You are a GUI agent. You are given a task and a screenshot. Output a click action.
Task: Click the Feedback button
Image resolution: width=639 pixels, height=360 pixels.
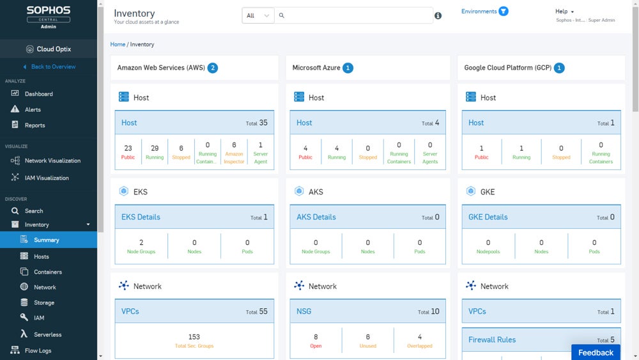(596, 352)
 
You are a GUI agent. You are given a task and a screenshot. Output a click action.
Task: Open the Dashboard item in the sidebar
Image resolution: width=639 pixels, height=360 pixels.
(38, 94)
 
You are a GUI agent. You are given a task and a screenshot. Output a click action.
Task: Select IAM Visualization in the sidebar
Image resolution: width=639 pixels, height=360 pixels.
(46, 178)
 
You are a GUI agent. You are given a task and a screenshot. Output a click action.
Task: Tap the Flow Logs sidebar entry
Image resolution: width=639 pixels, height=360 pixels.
(38, 350)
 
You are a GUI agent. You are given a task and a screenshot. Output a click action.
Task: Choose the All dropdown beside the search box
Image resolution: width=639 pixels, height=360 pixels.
(258, 15)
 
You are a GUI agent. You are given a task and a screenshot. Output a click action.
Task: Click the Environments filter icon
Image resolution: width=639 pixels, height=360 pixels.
(504, 12)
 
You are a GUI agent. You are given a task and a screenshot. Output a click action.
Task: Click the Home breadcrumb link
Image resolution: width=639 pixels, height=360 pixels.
(118, 45)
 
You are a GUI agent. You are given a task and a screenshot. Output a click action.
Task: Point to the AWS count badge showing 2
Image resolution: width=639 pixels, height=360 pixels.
(213, 68)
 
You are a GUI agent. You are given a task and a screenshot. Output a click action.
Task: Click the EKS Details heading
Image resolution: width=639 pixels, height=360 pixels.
(141, 217)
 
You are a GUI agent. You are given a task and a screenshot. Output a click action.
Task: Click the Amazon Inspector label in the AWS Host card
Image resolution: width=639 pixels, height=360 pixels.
(234, 157)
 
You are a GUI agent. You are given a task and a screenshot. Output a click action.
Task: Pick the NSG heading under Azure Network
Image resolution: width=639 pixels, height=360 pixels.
(304, 311)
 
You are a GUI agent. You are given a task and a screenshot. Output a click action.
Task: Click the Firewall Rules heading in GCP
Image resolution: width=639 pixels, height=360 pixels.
(492, 340)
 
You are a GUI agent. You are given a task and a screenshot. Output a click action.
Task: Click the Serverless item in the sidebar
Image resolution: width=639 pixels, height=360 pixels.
(47, 334)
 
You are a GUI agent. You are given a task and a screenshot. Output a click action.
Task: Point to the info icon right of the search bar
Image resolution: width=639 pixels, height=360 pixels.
(438, 15)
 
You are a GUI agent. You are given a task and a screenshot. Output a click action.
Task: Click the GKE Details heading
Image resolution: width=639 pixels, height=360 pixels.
(488, 217)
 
